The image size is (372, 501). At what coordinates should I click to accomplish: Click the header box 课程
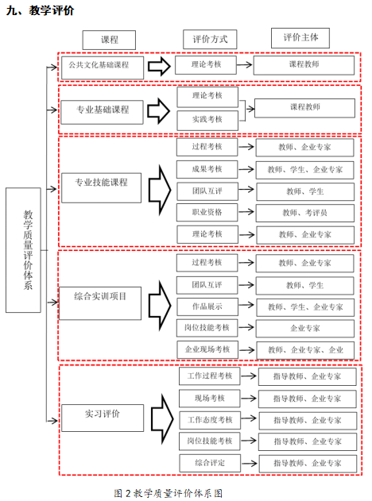pyautogui.click(x=109, y=40)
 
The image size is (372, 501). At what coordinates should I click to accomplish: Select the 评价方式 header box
pyautogui.click(x=210, y=39)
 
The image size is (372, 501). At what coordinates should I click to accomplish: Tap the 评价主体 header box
pyautogui.click(x=300, y=38)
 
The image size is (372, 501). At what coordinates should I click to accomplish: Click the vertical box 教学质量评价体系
pyautogui.click(x=23, y=250)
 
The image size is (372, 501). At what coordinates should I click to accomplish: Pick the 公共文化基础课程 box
pyautogui.click(x=103, y=67)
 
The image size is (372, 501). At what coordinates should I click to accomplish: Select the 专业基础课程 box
pyautogui.click(x=102, y=112)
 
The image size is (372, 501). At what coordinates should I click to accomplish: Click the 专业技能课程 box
pyautogui.click(x=101, y=188)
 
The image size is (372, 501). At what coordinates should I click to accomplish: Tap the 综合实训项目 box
pyautogui.click(x=100, y=303)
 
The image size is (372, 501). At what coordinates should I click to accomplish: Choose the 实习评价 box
pyautogui.click(x=103, y=418)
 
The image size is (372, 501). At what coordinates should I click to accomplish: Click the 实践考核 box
pyautogui.click(x=207, y=121)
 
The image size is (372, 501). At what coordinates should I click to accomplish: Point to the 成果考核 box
pyautogui.click(x=207, y=169)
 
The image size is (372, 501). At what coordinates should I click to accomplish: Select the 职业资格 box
pyautogui.click(x=207, y=213)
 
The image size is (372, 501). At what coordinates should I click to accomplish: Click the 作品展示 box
pyautogui.click(x=207, y=306)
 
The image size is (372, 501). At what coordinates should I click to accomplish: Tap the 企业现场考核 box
pyautogui.click(x=207, y=349)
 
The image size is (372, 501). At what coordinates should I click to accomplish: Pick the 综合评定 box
pyautogui.click(x=210, y=463)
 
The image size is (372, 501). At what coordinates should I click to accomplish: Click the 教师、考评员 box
pyautogui.click(x=305, y=213)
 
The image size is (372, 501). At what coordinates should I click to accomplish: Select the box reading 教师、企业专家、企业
pyautogui.click(x=305, y=350)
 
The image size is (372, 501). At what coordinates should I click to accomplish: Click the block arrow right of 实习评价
pyautogui.click(x=162, y=419)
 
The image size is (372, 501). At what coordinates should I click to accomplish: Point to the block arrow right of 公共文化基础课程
pyautogui.click(x=159, y=67)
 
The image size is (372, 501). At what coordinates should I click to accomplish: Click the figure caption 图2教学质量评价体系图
pyautogui.click(x=169, y=493)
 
